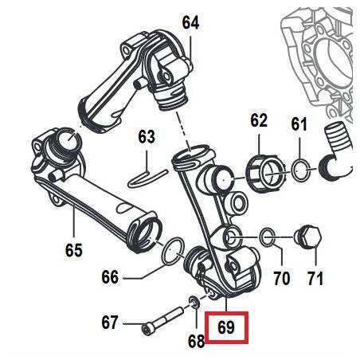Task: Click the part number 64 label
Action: pyautogui.click(x=190, y=22)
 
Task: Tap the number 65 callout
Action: pyautogui.click(x=74, y=250)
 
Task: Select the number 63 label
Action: pyautogui.click(x=147, y=136)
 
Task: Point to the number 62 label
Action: pyautogui.click(x=259, y=120)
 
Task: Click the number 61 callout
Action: pyautogui.click(x=299, y=123)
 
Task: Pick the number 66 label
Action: pyautogui.click(x=110, y=277)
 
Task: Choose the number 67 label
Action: pyautogui.click(x=109, y=323)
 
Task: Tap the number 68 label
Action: pyautogui.click(x=197, y=341)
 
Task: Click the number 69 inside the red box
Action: pyautogui.click(x=226, y=327)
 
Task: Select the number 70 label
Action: pyautogui.click(x=282, y=278)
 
